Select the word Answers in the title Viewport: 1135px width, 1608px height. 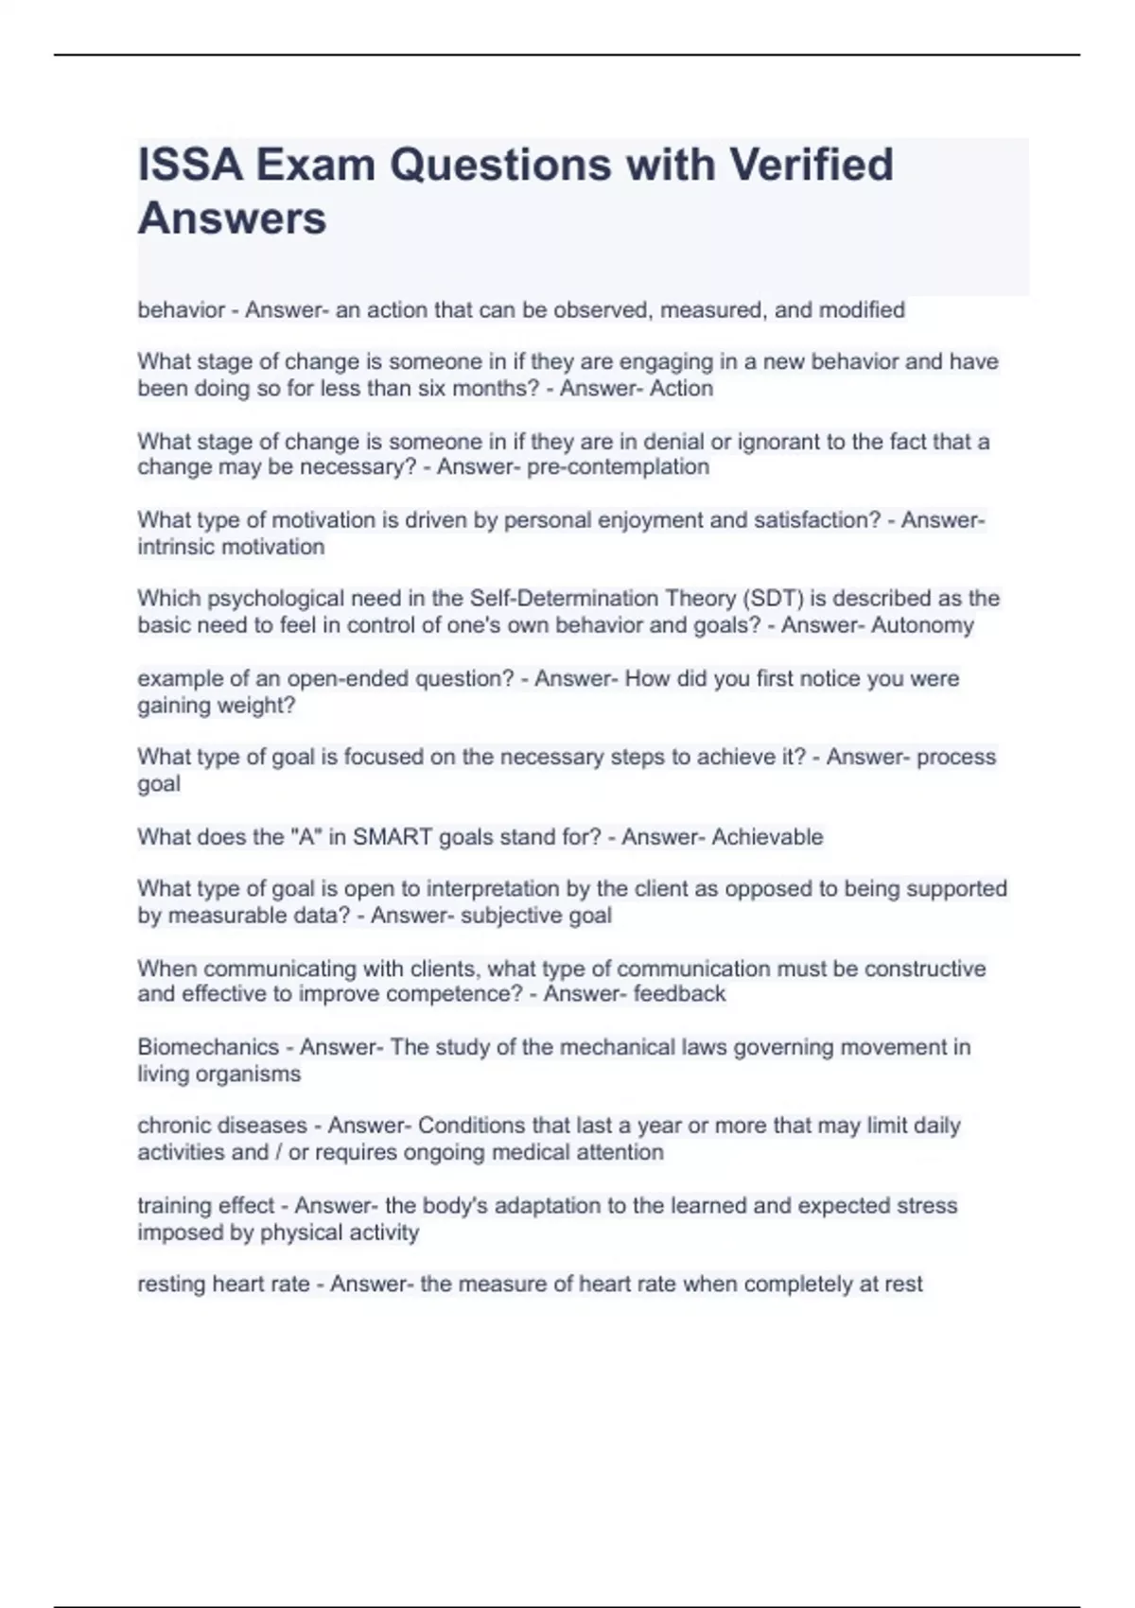[232, 218]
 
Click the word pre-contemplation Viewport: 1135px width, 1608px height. [618, 466]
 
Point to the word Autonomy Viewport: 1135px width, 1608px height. [922, 625]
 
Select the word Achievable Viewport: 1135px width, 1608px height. [767, 837]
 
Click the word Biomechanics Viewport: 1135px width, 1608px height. [208, 1047]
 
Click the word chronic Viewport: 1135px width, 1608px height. [174, 1126]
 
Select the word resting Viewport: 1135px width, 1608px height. [171, 1285]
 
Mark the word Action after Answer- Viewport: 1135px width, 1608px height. [681, 389]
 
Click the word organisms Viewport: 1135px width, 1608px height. [255, 1075]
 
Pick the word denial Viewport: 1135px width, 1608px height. [667, 442]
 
